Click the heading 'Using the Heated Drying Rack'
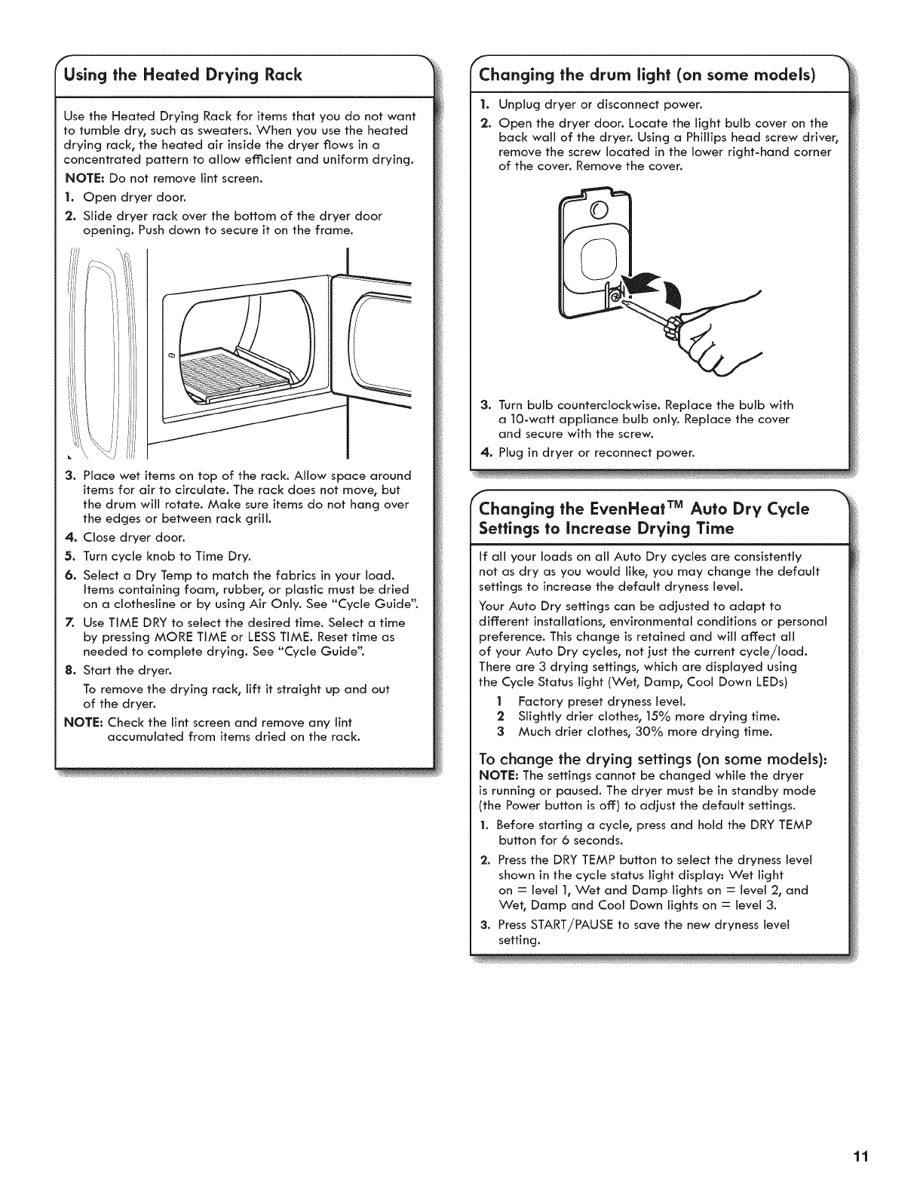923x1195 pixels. [x=183, y=74]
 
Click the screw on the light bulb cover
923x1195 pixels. [x=617, y=299]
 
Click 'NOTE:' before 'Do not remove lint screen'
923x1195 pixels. [x=84, y=179]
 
